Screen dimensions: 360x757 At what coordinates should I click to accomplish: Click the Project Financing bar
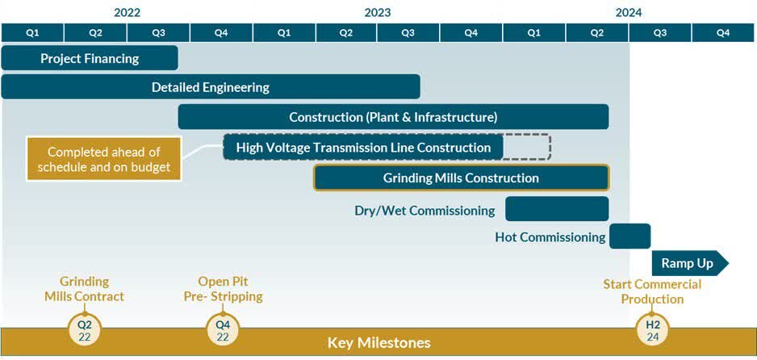point(90,58)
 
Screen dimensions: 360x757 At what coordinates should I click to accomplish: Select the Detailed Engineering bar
point(211,87)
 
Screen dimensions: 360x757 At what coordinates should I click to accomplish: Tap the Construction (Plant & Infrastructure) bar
point(393,117)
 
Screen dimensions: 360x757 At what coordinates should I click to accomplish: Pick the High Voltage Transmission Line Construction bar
point(363,148)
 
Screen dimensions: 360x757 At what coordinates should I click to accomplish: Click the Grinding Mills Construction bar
point(461,178)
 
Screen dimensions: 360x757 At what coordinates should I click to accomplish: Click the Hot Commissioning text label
point(550,237)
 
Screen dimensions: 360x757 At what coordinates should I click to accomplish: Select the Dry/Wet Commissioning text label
point(425,211)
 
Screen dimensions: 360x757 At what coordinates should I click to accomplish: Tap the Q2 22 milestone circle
point(85,331)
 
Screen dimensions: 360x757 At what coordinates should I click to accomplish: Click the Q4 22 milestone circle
point(223,331)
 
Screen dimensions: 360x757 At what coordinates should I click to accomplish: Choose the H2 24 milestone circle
point(652,331)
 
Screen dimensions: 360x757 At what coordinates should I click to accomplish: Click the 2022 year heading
point(128,12)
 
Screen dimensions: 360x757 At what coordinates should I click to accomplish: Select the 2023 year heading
point(377,12)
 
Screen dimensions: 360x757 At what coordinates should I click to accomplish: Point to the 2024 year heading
point(629,12)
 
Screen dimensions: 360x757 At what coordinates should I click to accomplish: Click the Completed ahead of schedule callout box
point(103,159)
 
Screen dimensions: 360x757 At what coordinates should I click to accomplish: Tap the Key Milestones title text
point(378,343)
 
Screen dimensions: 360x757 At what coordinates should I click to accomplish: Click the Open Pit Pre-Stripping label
point(223,289)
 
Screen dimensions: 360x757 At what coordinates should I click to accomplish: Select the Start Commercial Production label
point(652,291)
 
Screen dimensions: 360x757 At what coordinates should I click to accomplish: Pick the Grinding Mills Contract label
point(85,289)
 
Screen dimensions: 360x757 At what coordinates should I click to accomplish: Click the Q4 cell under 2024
point(722,33)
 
